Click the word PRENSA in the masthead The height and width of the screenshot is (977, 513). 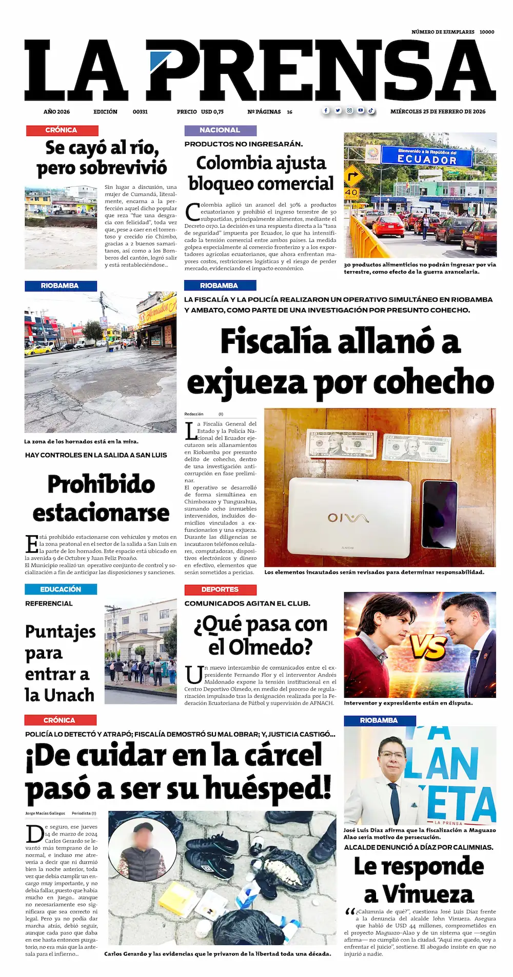pos(321,70)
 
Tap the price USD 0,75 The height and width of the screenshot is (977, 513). pos(212,111)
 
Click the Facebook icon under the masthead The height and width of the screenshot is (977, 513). pos(326,110)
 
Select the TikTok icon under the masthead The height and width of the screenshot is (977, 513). pos(370,110)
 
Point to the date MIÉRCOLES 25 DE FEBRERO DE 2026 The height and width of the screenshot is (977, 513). pos(438,111)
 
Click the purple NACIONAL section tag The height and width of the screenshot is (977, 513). pos(220,130)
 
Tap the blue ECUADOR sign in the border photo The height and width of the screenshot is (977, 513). pos(427,157)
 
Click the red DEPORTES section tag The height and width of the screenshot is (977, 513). pos(220,590)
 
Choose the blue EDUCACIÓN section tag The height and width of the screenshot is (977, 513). pos(61,590)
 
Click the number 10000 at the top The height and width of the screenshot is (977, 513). pos(487,32)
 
